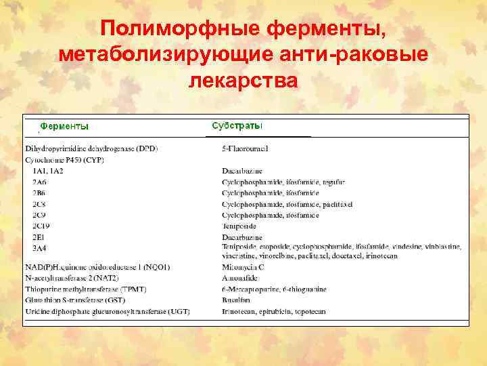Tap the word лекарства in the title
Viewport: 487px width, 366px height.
tap(243, 79)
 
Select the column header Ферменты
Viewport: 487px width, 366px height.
tap(64, 126)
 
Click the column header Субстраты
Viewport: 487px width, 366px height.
tap(237, 126)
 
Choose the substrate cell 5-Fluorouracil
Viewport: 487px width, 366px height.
tap(246, 148)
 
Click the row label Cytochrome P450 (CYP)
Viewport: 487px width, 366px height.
tap(64, 159)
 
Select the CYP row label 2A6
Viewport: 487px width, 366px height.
tap(40, 182)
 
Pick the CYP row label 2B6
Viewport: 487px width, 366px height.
tap(40, 193)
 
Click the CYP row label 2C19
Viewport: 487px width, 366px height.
tap(42, 226)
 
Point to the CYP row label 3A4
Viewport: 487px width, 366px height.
tap(40, 248)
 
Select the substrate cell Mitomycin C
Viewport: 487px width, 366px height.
tap(243, 267)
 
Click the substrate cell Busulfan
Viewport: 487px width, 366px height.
tap(236, 300)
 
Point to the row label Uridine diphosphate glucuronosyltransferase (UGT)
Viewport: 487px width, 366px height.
tap(108, 311)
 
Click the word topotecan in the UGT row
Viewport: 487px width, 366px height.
tap(309, 311)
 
